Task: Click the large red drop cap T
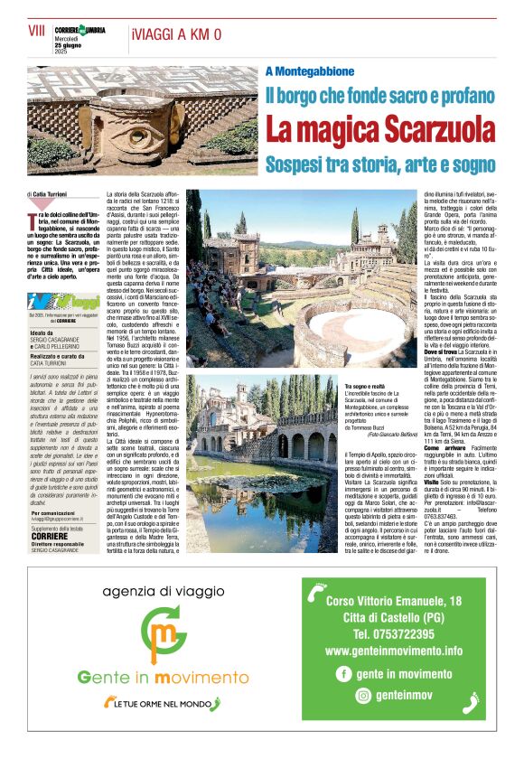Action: [33, 218]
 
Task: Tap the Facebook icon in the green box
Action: [343, 673]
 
